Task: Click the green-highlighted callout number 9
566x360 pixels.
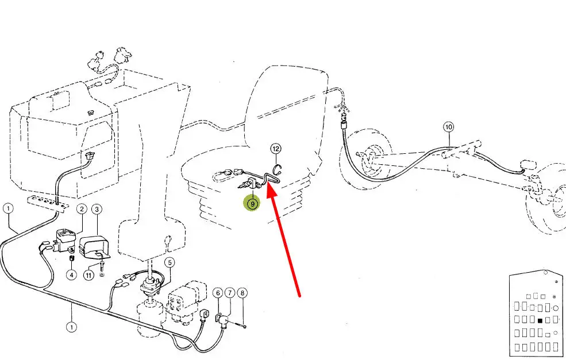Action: [x=252, y=204]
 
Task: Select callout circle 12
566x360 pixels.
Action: [x=276, y=149]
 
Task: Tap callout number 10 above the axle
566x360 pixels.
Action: [x=448, y=127]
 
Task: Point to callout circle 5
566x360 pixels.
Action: [x=170, y=262]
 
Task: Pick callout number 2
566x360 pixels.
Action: [x=82, y=209]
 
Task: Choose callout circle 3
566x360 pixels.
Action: [x=97, y=209]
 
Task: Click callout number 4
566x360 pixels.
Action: [x=71, y=275]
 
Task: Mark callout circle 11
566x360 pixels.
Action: [x=89, y=275]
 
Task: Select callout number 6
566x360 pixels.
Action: [x=218, y=293]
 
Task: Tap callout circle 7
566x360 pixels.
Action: [x=230, y=293]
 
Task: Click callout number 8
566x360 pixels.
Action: [x=242, y=293]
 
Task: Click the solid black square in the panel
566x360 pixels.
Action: [x=540, y=320]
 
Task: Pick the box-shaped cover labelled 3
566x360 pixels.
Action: [x=93, y=247]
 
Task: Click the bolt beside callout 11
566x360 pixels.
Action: [x=102, y=266]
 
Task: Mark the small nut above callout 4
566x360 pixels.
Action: [x=71, y=258]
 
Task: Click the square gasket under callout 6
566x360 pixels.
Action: [x=218, y=318]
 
